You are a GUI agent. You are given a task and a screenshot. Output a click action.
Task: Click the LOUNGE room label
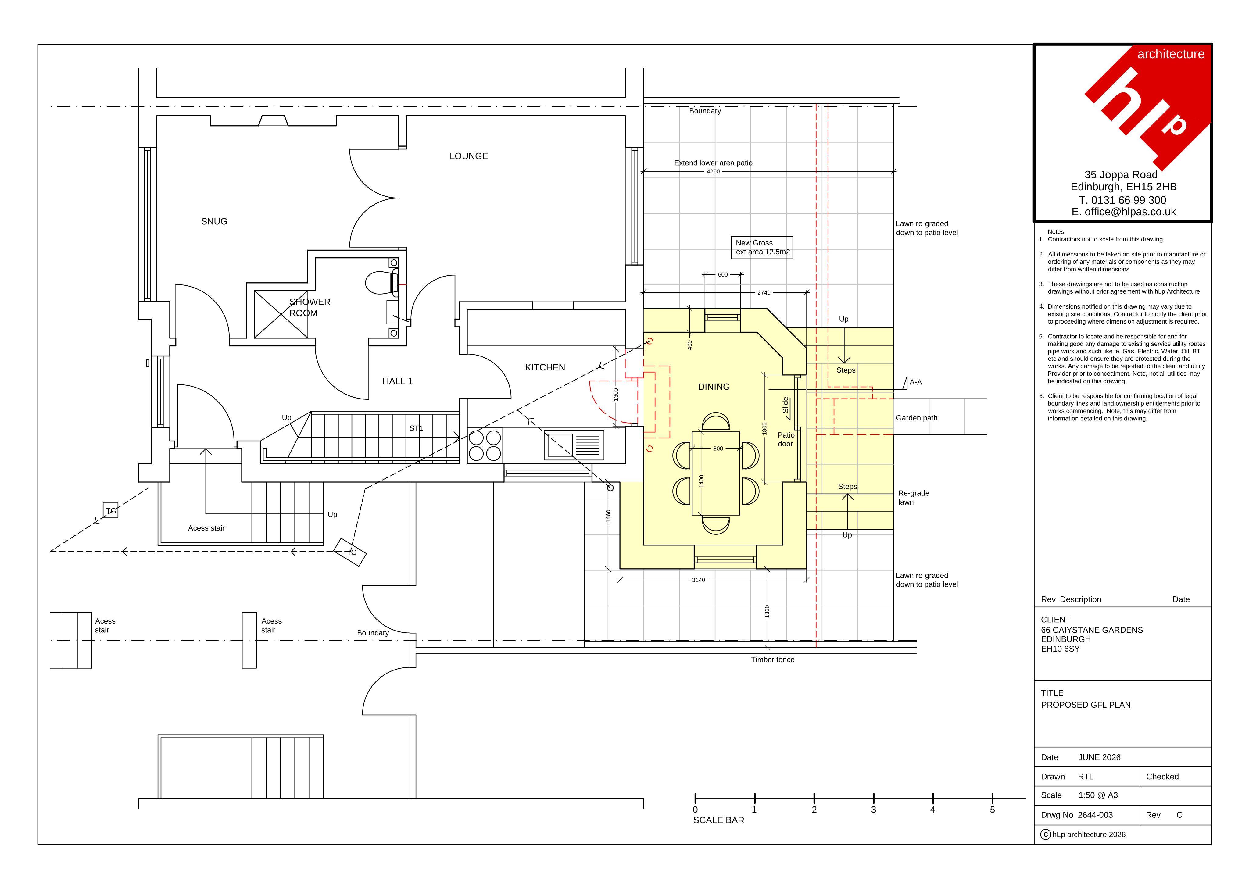[468, 156]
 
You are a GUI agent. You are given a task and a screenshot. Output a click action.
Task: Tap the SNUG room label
[214, 221]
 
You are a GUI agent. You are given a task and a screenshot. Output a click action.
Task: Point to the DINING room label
[714, 387]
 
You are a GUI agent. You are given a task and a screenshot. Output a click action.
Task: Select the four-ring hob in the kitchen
[485, 445]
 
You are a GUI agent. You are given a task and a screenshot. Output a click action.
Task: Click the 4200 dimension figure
[713, 171]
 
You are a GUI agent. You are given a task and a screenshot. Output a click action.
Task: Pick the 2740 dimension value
[764, 293]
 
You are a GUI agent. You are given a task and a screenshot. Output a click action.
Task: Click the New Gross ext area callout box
[762, 248]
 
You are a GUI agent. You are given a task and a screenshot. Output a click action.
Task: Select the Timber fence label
[772, 660]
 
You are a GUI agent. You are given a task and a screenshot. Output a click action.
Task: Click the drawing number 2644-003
[1095, 815]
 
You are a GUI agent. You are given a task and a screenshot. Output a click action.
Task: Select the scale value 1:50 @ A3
[1098, 795]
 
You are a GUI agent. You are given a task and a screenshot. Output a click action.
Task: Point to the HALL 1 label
[397, 381]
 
